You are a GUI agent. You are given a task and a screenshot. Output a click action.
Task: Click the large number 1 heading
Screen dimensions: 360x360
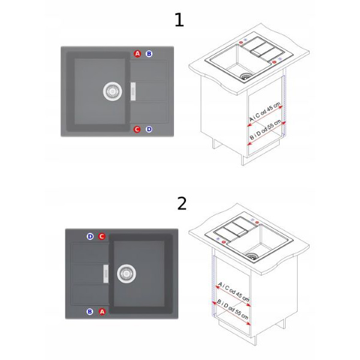179,20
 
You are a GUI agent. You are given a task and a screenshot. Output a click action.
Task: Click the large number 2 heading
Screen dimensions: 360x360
182,203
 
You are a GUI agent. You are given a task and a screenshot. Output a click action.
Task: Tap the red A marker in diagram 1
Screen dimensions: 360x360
137,54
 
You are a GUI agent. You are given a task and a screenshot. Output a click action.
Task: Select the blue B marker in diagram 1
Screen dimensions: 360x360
149,54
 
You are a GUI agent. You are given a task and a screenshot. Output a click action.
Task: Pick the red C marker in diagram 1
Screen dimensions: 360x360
137,129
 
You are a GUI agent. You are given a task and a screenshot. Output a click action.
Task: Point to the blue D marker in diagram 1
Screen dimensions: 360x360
149,129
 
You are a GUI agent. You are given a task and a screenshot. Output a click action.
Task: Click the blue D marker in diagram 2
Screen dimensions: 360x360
90,236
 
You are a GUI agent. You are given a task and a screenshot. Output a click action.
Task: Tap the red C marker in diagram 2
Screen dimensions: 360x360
102,236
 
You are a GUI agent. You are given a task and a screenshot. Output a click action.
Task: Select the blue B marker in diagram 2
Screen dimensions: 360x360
90,311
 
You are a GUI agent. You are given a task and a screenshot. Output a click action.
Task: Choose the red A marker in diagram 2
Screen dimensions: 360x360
102,311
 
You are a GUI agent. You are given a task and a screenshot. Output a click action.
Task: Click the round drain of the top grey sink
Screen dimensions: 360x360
112,91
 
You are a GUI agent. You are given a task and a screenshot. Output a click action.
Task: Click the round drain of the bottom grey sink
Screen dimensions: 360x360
126,274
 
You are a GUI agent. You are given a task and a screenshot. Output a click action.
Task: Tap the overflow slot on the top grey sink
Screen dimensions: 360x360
133,91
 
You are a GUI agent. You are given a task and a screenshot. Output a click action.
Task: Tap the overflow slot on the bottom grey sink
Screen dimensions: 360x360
106,274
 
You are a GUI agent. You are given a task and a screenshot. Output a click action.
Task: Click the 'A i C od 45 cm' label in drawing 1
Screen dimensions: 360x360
265,112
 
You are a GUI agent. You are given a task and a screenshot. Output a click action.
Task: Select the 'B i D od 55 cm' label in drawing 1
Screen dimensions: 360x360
265,130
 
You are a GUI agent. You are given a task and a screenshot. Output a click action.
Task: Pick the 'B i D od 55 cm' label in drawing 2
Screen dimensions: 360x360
233,310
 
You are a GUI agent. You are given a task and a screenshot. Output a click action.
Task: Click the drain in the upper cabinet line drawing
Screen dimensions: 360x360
245,76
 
